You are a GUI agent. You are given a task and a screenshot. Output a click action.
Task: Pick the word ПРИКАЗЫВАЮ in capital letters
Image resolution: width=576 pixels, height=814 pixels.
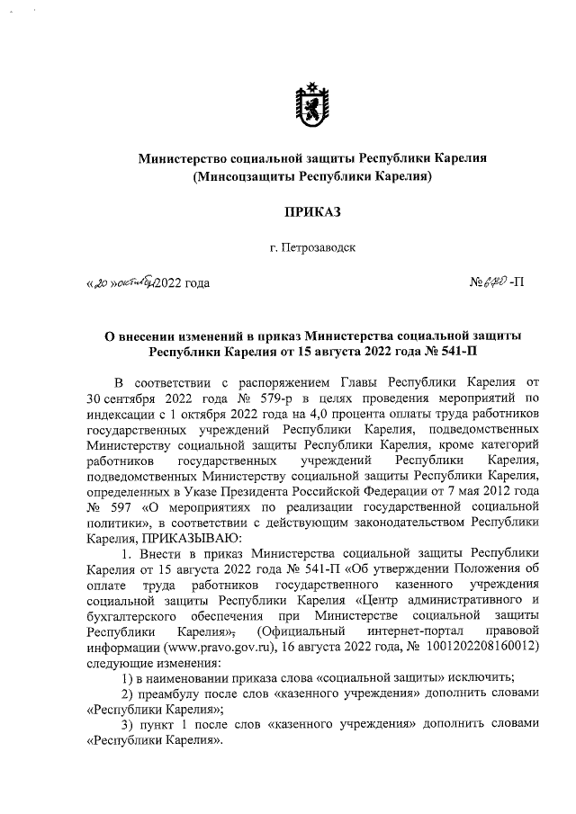(187, 536)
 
